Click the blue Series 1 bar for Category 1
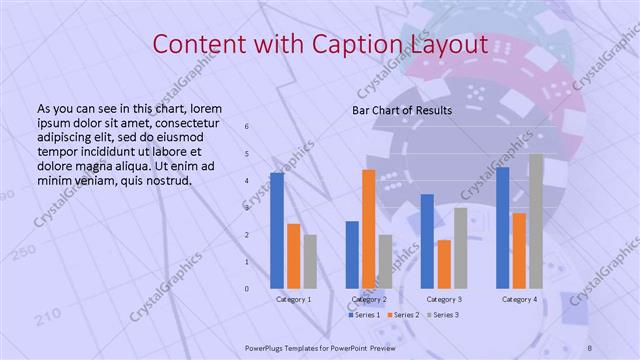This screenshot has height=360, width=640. (276, 231)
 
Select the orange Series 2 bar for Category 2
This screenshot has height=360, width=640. (368, 229)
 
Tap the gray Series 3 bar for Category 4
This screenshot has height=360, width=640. (536, 221)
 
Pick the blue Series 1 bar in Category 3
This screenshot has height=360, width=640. (427, 241)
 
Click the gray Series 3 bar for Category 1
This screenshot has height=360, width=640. (310, 262)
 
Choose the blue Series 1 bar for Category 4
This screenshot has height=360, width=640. (502, 228)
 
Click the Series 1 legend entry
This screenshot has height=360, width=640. (363, 315)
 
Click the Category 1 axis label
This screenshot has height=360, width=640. (293, 299)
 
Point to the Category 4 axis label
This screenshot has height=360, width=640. (519, 299)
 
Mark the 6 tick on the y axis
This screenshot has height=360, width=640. (247, 126)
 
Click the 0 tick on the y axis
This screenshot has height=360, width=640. (247, 289)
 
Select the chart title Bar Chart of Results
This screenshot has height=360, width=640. (403, 110)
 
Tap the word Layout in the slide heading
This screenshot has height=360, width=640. (451, 45)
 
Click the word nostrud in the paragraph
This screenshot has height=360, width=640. (168, 180)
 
